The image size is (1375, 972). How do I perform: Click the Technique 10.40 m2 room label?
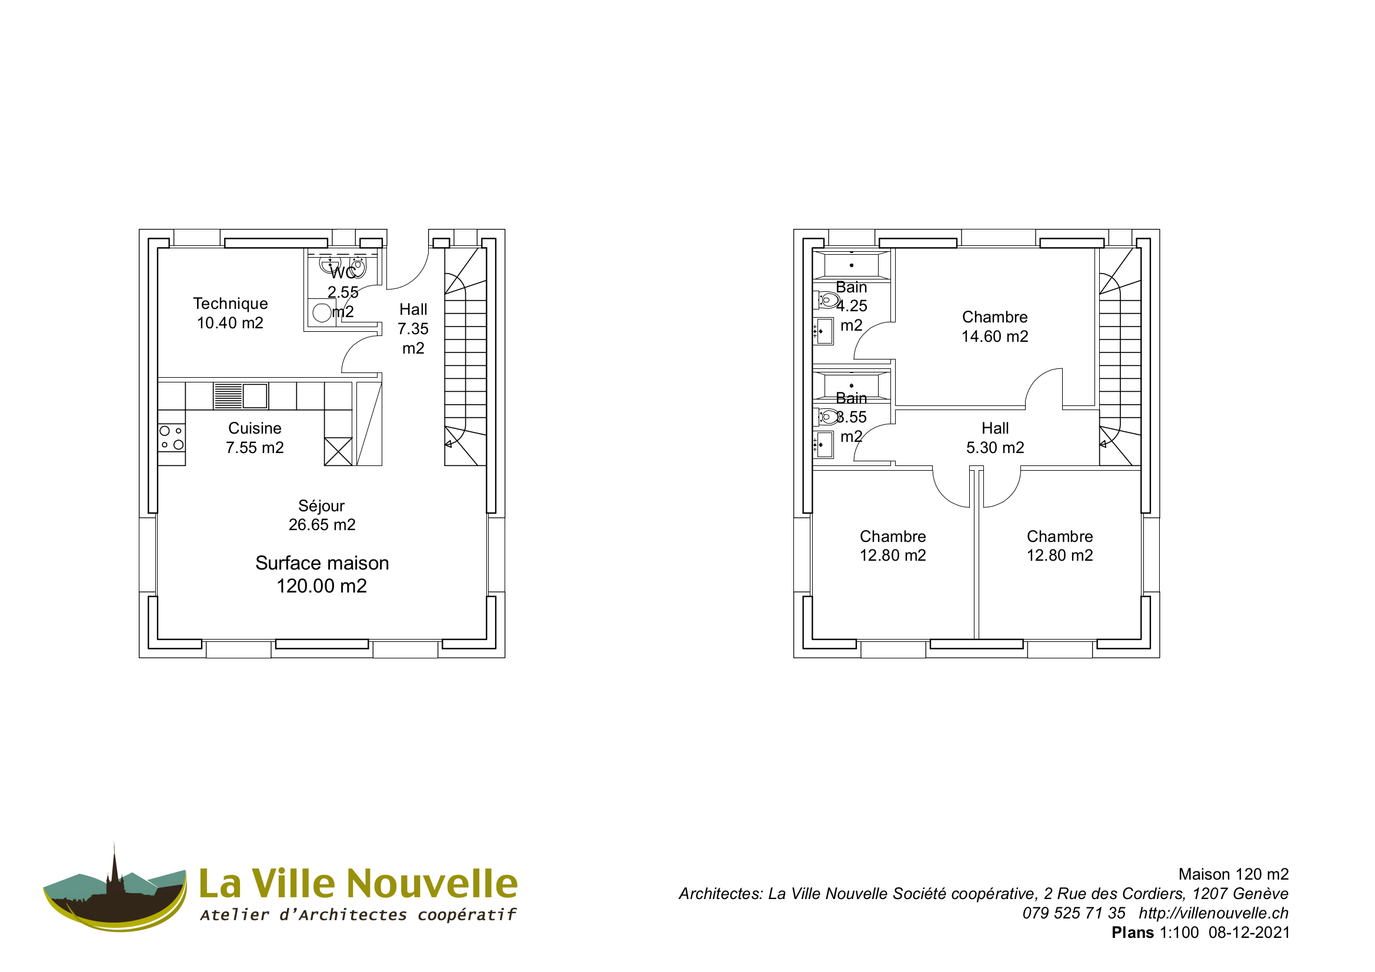coord(230,313)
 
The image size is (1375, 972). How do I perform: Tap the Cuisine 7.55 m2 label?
coord(255,438)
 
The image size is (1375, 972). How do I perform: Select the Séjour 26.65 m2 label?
coord(322,515)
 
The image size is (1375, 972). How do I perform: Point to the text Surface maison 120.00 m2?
coord(322,574)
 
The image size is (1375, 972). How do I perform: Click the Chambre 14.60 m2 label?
coord(994,326)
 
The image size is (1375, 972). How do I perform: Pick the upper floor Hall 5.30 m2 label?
coord(994,438)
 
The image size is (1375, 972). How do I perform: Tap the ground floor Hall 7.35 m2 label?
coord(413,328)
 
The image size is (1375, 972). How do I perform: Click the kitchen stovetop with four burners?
coord(171,438)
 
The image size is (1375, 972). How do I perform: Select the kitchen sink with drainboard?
coord(241,396)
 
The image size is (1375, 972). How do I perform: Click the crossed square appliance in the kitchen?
coord(338,451)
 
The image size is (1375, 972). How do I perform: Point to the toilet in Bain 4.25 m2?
coord(828,299)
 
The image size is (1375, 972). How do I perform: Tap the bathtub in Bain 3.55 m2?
coord(851,385)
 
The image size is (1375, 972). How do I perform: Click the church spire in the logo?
coord(114,863)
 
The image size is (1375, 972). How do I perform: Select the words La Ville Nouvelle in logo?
coord(358,883)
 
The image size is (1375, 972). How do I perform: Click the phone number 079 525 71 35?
coord(1073,913)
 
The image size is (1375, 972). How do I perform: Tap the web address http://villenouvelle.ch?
coord(1213,913)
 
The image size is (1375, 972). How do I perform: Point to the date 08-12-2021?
coord(1249,933)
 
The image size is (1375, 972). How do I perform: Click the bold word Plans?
coord(1133,933)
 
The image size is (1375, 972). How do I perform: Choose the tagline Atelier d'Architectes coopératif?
coord(358,914)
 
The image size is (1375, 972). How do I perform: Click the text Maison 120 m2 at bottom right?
coord(1233,874)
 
